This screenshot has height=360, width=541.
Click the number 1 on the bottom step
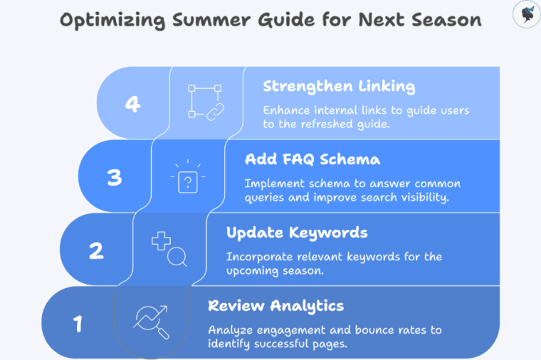[x=78, y=324]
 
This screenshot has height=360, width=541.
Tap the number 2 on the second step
[x=96, y=250]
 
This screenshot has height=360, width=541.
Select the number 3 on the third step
[x=115, y=177]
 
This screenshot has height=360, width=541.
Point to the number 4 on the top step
[x=132, y=104]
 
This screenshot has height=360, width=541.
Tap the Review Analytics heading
[x=275, y=306]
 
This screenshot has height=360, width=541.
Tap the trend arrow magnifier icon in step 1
[x=151, y=322]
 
